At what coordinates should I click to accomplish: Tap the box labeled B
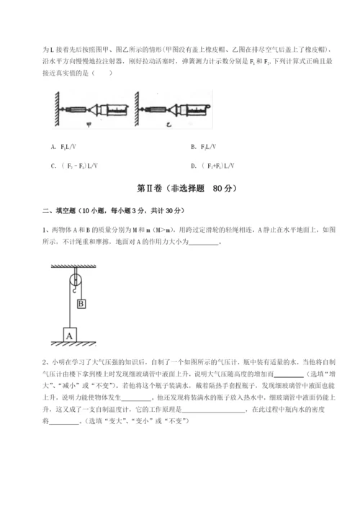tap(81, 304)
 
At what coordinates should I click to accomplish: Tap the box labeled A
tap(70, 335)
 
